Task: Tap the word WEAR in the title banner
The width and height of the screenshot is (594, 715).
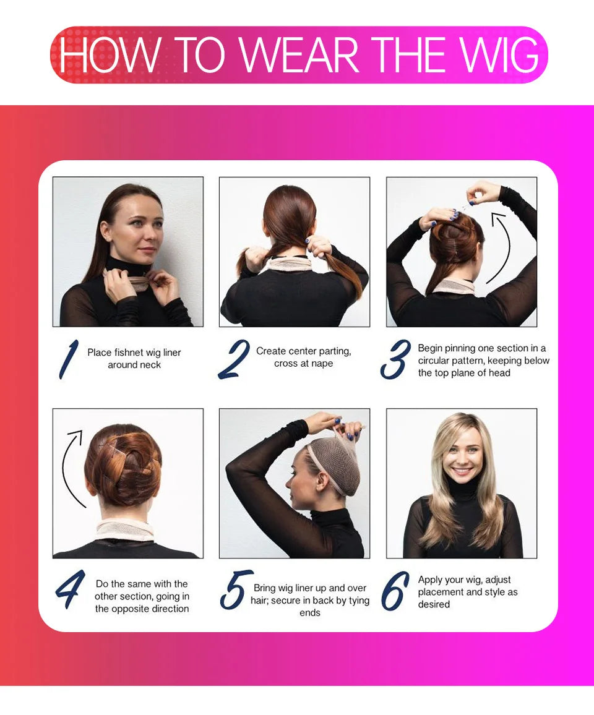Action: point(299,54)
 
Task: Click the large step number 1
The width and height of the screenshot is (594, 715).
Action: point(69,359)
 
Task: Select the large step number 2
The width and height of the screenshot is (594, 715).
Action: point(234,359)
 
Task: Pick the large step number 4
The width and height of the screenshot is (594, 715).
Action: point(71,589)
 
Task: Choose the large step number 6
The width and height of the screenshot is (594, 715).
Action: point(395,590)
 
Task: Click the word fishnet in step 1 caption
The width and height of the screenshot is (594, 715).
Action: point(129,353)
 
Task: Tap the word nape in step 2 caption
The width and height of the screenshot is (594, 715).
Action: point(322,364)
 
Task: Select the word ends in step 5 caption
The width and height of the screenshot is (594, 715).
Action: point(310,613)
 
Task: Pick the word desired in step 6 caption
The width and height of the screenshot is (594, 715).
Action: point(434,604)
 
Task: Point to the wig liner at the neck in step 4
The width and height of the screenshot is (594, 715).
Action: point(125,529)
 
